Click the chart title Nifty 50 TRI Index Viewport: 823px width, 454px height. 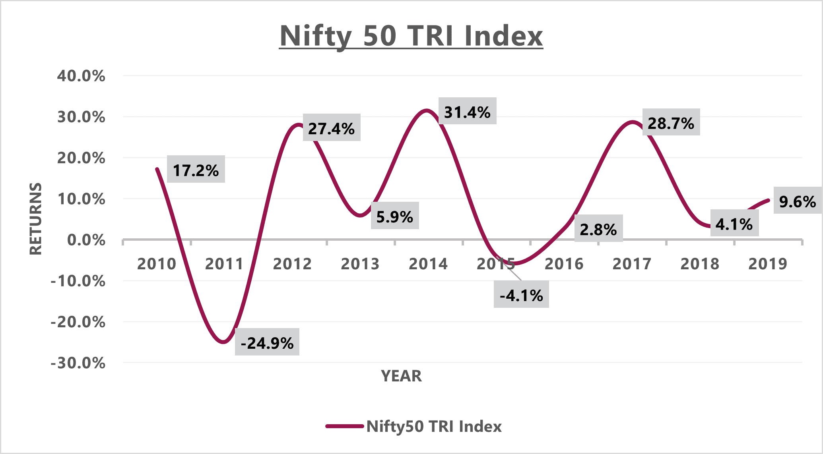[x=411, y=36]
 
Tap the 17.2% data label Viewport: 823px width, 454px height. [x=196, y=170]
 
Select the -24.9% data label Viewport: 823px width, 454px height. [x=267, y=342]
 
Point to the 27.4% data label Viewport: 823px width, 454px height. [x=331, y=128]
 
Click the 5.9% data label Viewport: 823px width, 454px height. [x=394, y=216]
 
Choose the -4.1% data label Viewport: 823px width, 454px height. [x=521, y=295]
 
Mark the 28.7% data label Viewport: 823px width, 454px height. [x=671, y=123]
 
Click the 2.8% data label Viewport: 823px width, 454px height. [x=598, y=229]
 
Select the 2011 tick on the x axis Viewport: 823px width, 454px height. [x=224, y=264]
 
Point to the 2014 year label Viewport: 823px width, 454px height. [x=428, y=264]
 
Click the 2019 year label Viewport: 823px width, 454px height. [x=767, y=264]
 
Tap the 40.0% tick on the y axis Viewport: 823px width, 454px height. [x=81, y=75]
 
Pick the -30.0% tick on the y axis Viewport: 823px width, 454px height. [x=78, y=363]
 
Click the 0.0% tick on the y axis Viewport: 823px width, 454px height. [x=86, y=240]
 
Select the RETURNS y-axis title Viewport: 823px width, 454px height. [x=36, y=218]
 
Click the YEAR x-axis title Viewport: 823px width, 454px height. [x=401, y=376]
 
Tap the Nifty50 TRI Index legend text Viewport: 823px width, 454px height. [x=433, y=426]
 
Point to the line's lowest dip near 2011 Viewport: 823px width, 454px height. [x=223, y=342]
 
